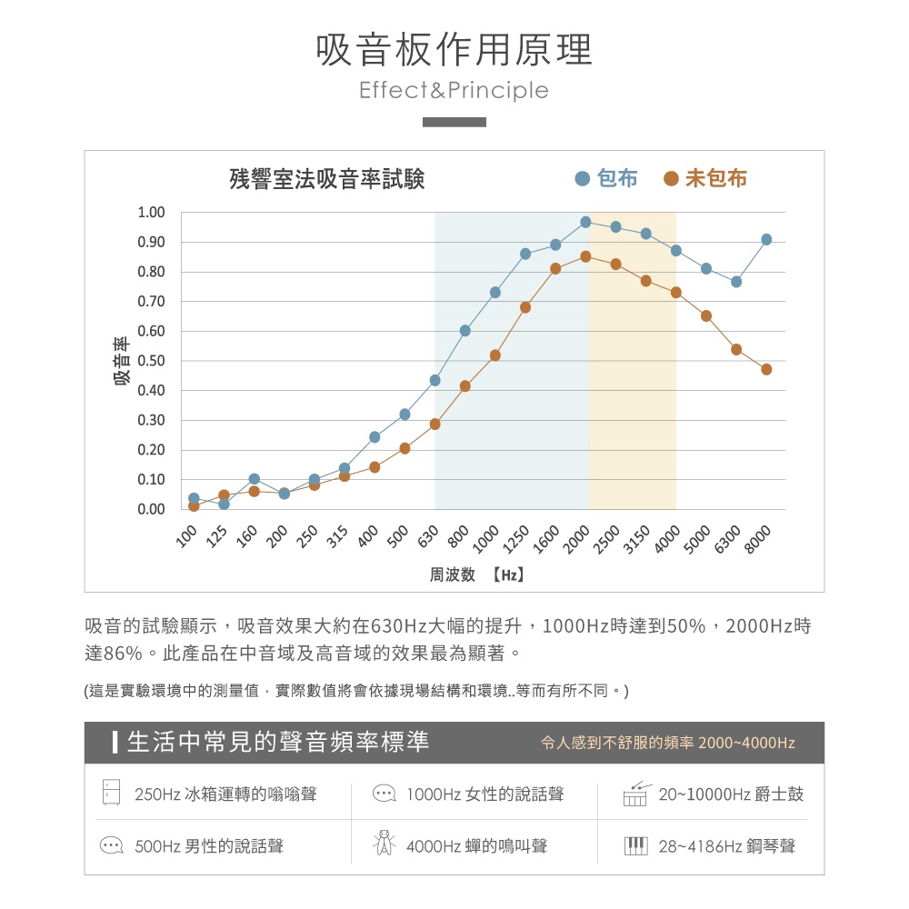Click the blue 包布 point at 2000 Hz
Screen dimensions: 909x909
click(585, 222)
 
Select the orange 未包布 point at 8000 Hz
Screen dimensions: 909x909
click(766, 369)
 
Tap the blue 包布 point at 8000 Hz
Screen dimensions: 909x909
click(766, 239)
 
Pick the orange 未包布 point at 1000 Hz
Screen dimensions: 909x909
click(495, 355)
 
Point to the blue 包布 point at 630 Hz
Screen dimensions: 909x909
click(435, 380)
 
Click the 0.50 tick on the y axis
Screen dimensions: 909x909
click(151, 361)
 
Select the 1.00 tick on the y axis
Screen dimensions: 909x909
click(151, 213)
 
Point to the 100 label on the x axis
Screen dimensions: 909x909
click(186, 538)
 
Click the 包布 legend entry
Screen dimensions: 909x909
click(607, 179)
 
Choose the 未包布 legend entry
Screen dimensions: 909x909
click(704, 179)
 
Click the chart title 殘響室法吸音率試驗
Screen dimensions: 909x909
click(327, 179)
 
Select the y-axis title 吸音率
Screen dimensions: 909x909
click(121, 361)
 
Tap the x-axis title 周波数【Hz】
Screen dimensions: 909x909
click(477, 574)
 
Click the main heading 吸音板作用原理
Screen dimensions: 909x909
click(454, 50)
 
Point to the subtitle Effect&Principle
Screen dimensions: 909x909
click(454, 91)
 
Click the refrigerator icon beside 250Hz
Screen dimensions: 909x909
click(111, 793)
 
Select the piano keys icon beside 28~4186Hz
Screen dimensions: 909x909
click(635, 846)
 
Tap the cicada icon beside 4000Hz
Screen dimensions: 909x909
click(385, 844)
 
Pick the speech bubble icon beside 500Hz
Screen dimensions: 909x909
click(111, 846)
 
